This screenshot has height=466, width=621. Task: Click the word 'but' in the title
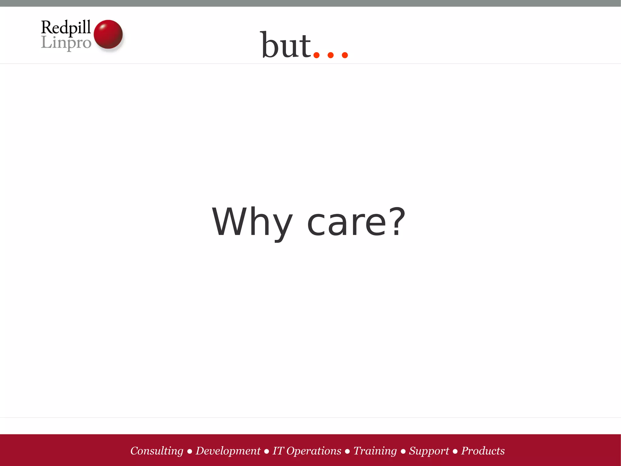(x=286, y=46)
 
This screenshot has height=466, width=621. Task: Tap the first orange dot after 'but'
(x=317, y=55)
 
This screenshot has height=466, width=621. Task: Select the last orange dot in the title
(x=345, y=55)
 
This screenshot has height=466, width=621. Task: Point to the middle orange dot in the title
(x=331, y=55)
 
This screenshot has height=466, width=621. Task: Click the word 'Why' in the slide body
(x=252, y=222)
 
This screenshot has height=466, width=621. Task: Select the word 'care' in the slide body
(x=347, y=223)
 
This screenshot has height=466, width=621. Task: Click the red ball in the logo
(x=108, y=34)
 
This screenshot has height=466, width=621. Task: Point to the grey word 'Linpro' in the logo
(x=66, y=43)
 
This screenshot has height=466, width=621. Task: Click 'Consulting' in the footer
(x=157, y=451)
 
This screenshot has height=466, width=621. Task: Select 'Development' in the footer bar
(x=228, y=451)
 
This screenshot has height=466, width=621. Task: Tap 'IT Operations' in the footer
(x=307, y=451)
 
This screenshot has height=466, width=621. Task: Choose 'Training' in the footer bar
(x=375, y=451)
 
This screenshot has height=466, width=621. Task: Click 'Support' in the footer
(x=429, y=451)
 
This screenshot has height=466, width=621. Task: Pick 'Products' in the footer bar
(x=483, y=451)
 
